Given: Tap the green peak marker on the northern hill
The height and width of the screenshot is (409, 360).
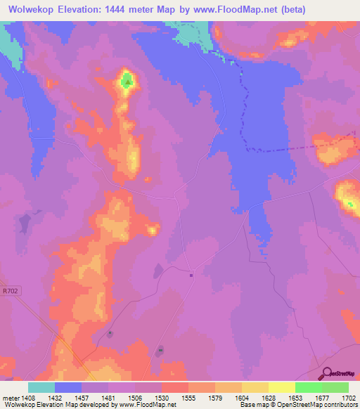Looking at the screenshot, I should tap(127, 82).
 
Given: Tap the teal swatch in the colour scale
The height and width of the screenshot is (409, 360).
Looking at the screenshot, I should tap(41, 387).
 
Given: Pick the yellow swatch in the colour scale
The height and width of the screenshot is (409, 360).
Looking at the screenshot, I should tap(281, 387).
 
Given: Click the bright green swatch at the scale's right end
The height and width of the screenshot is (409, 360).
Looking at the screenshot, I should tap(335, 387).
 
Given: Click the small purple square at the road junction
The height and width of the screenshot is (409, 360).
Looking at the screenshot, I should tap(191, 275).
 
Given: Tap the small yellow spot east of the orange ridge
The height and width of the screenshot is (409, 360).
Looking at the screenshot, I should tap(153, 229).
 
